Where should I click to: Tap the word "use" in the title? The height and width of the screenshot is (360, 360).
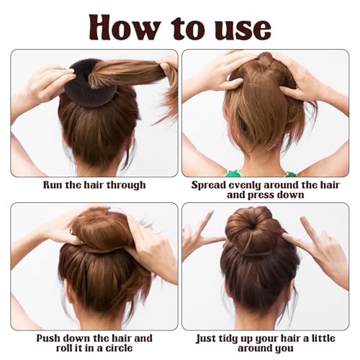(242, 27)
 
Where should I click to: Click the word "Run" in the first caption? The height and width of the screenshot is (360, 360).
(55, 185)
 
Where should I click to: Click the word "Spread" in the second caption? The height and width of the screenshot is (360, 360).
(210, 185)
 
